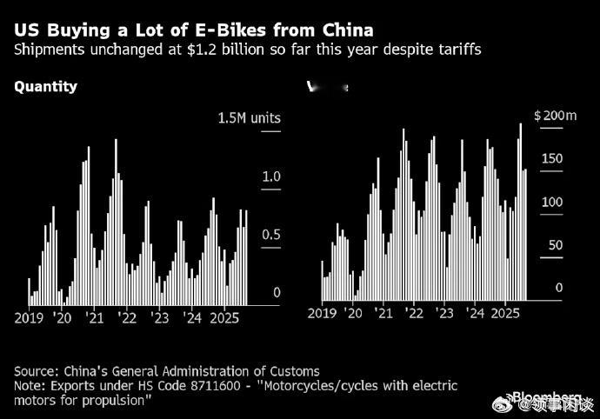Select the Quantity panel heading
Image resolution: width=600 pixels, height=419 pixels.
(x=46, y=86)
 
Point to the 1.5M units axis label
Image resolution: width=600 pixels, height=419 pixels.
(x=250, y=118)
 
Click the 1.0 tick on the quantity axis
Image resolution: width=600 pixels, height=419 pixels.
(x=271, y=176)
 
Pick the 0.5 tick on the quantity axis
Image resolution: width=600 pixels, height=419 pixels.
(x=271, y=235)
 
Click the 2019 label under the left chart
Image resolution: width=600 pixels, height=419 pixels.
(x=30, y=318)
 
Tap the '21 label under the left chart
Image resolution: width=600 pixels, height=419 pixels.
(x=97, y=318)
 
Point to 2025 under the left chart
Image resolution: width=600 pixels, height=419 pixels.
(x=224, y=318)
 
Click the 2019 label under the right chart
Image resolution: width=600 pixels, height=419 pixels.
(x=323, y=313)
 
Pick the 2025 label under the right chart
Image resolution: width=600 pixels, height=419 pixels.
(x=504, y=313)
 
